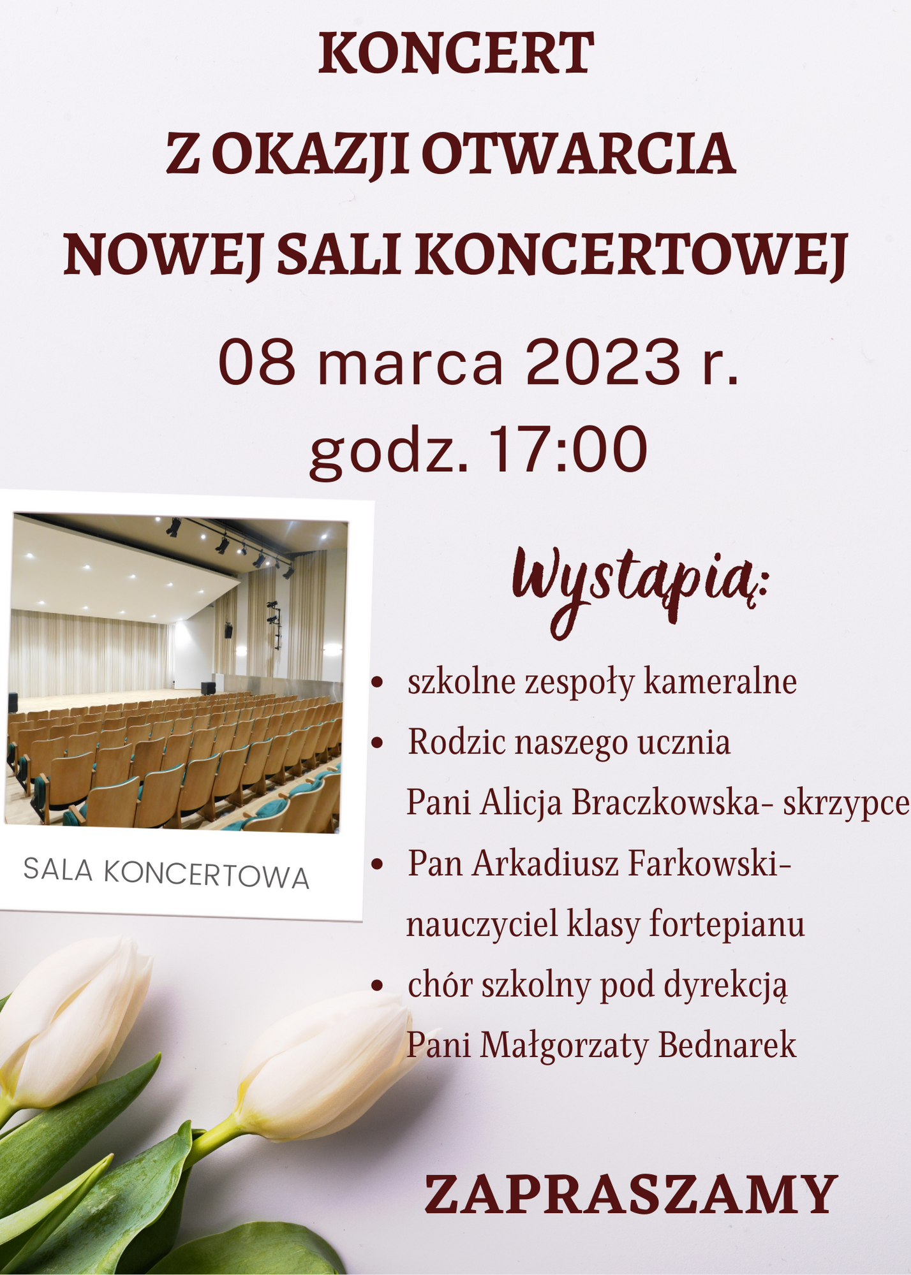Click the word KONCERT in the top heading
point(455,54)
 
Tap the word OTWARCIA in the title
point(578,154)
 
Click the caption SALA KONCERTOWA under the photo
point(166,873)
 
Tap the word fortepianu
point(727,924)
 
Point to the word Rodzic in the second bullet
point(456,742)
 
